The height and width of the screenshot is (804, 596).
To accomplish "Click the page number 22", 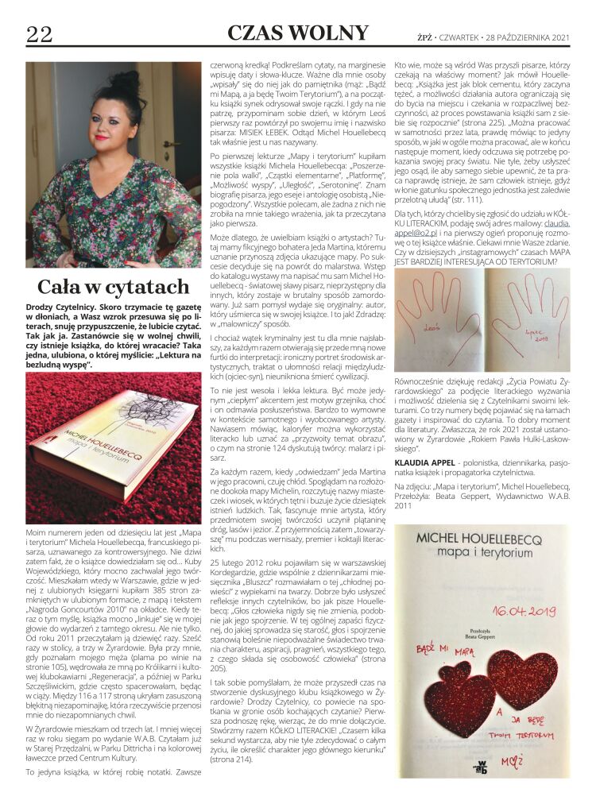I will (39, 33).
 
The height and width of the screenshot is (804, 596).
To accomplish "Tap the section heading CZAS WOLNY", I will (298, 33).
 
